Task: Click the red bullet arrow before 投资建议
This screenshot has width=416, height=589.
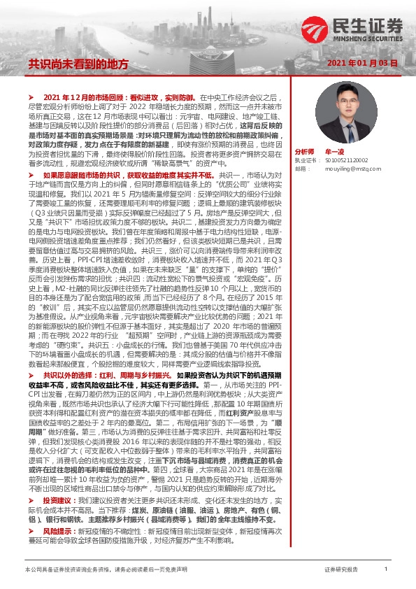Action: [x=30, y=482]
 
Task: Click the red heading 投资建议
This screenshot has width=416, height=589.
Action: [x=57, y=482]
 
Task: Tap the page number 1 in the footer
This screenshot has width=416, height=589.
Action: [x=386, y=570]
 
